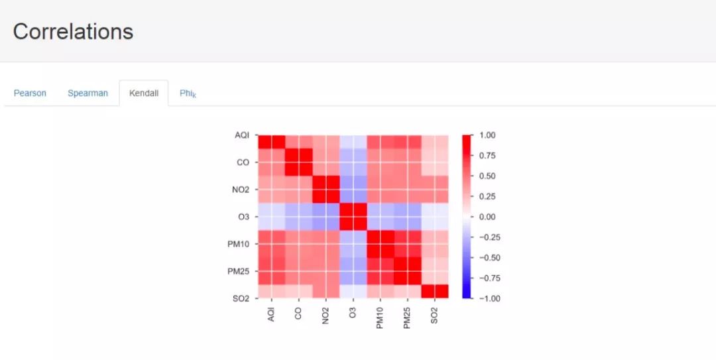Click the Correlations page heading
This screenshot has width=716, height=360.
point(73,31)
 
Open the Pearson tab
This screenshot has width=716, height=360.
point(30,93)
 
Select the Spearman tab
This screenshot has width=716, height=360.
point(88,93)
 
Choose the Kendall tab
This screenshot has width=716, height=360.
point(144,93)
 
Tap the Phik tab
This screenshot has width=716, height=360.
point(188,93)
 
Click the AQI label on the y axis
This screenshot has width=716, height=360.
point(242,135)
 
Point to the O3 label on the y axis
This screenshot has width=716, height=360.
point(243,217)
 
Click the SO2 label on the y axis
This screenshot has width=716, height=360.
point(241,298)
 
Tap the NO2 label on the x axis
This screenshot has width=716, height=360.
point(326,314)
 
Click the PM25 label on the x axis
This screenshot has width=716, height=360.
point(407,316)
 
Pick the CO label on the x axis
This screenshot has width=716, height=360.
point(298,313)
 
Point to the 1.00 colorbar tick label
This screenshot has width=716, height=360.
point(487,135)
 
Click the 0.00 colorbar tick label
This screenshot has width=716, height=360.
point(487,217)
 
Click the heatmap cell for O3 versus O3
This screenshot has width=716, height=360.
point(353,217)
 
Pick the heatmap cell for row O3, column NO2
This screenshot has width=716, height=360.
point(326,217)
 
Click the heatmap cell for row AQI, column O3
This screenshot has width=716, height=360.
point(353,142)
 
